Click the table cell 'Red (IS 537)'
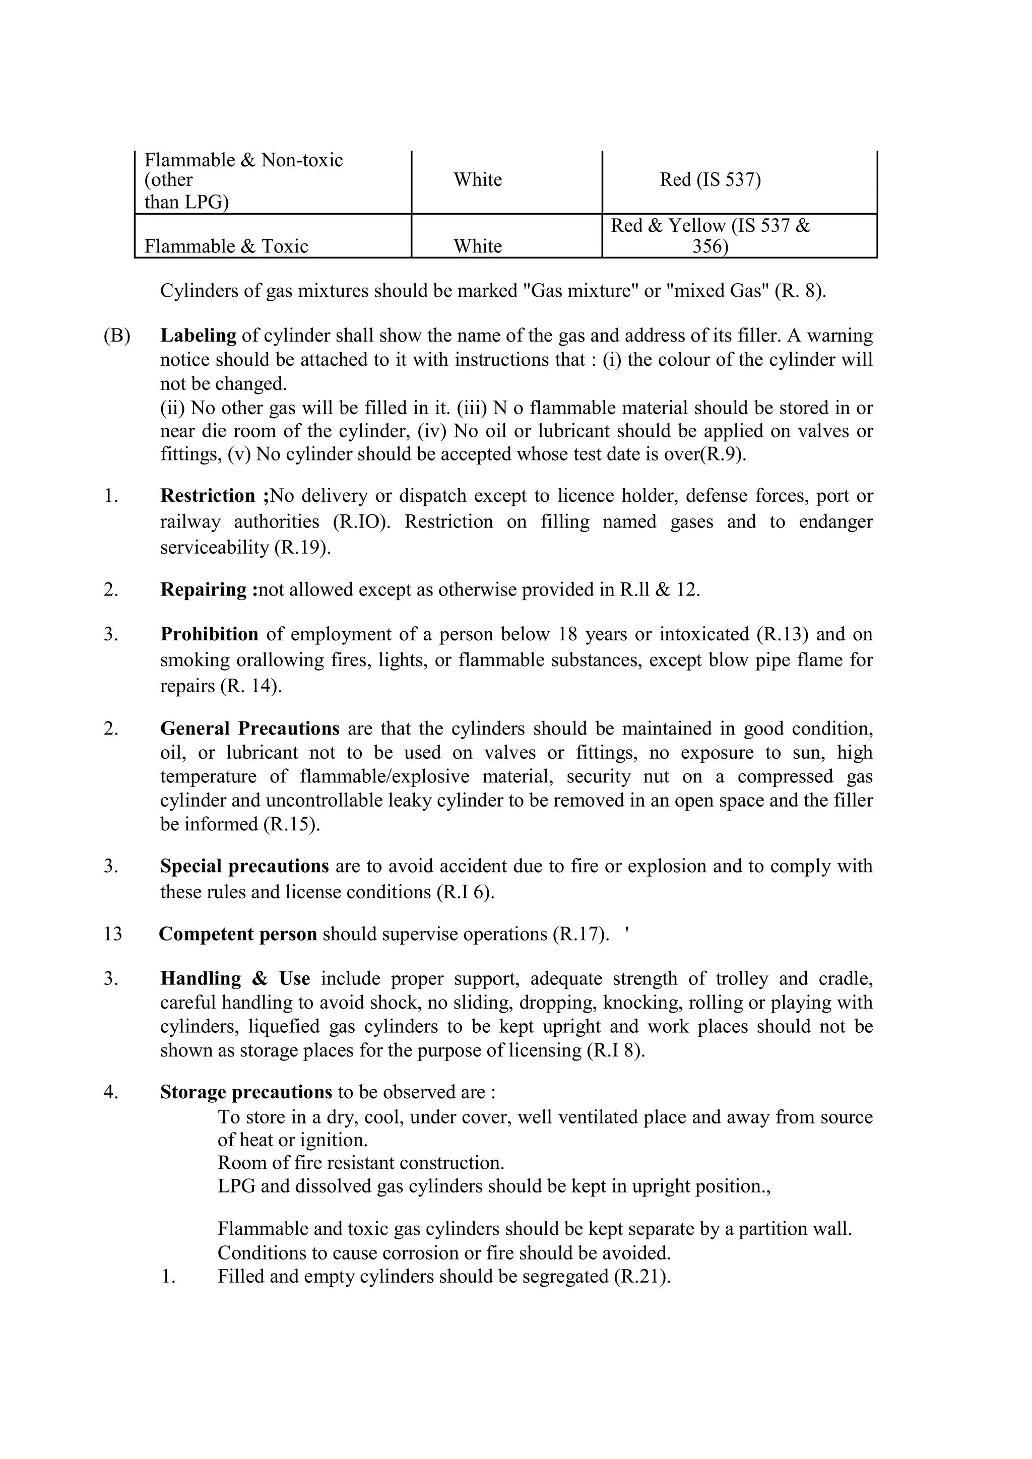(x=710, y=180)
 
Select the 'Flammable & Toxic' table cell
(x=226, y=246)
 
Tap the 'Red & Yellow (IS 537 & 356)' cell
(x=710, y=235)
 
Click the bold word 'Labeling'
(x=198, y=336)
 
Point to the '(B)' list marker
(x=117, y=336)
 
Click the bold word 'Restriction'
(x=208, y=496)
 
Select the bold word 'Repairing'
(x=204, y=590)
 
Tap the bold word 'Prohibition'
(x=209, y=634)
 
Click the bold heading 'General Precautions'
(x=250, y=728)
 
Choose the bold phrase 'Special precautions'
(x=244, y=866)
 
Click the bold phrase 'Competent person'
(x=238, y=934)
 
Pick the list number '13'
(x=112, y=934)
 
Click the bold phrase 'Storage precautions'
(x=246, y=1092)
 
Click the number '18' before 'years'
(x=567, y=634)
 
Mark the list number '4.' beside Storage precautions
(x=111, y=1092)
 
